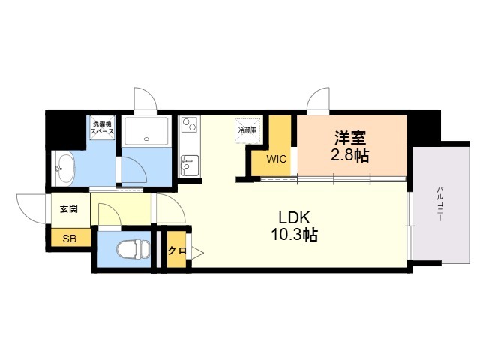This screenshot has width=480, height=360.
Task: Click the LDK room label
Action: (x=294, y=217)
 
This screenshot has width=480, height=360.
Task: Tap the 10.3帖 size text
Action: (x=294, y=235)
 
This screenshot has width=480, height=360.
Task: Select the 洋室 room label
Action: (x=350, y=138)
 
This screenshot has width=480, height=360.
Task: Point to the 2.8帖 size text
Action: (x=350, y=155)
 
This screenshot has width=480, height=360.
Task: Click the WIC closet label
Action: (x=277, y=159)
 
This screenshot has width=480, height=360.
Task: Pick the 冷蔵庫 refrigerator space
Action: (x=247, y=131)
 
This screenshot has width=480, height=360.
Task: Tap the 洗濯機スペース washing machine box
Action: (x=103, y=128)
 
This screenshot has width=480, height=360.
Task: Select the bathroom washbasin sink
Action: (x=64, y=168)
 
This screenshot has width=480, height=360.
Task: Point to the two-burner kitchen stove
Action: (x=190, y=125)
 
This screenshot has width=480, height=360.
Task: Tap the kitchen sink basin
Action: (x=190, y=166)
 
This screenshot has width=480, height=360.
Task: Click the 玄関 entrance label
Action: (x=69, y=209)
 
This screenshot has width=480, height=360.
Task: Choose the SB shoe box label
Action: (x=70, y=238)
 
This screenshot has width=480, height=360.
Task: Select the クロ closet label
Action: (x=177, y=250)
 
